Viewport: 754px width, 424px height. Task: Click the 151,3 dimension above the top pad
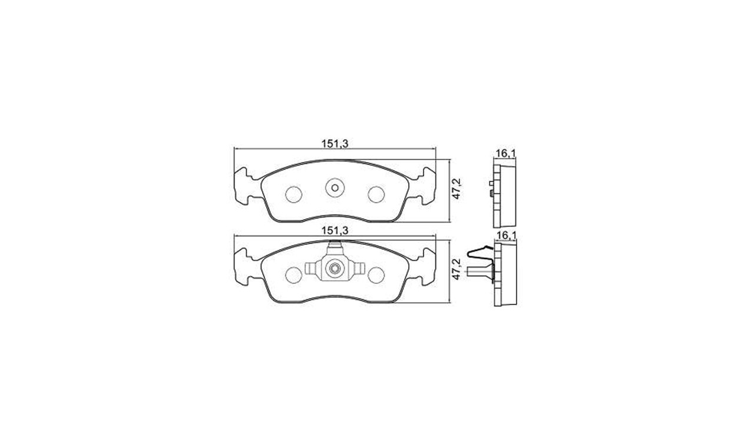point(335,144)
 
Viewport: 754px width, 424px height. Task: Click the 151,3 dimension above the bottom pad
point(335,231)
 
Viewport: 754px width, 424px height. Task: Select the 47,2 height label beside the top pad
point(457,189)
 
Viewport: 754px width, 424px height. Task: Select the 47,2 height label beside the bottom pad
point(457,269)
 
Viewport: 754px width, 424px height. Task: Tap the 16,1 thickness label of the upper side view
point(505,154)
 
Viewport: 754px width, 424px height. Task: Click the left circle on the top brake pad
point(293,194)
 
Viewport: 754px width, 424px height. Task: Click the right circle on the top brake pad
point(376,194)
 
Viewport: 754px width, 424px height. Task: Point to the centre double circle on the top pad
point(335,188)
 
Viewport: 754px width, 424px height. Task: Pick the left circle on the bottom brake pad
point(293,275)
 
